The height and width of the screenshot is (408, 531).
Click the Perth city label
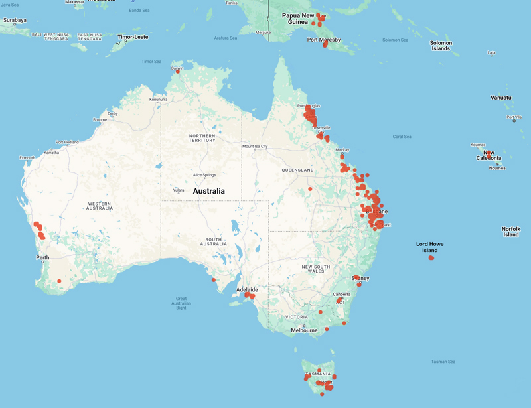[x=43, y=257]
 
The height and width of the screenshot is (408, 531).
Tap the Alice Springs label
[x=204, y=175]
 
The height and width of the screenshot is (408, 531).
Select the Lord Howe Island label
[x=430, y=247]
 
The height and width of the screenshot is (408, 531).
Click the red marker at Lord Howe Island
[x=431, y=258]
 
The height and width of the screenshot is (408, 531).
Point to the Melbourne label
[x=304, y=330]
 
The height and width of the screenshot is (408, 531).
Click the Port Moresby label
[x=324, y=40]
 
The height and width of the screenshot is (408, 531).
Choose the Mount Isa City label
[x=255, y=146]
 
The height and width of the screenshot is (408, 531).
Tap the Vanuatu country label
[x=501, y=98]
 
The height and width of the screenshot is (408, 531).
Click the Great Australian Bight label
[x=181, y=303]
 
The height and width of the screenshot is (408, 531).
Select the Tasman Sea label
[x=443, y=362]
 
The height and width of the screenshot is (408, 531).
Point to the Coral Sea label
[x=402, y=137]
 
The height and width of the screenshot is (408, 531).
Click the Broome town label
[x=100, y=120]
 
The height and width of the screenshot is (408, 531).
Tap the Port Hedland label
[x=67, y=142]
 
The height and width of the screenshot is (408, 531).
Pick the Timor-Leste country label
[x=133, y=37]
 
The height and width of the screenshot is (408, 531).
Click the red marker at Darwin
[x=178, y=71]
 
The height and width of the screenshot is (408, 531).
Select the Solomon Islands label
[x=441, y=46]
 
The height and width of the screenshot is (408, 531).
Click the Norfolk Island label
[x=510, y=232]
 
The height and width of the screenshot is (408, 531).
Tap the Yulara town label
[x=179, y=190]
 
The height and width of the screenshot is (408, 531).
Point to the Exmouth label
[x=28, y=158]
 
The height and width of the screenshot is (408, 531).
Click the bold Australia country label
[x=208, y=191]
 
